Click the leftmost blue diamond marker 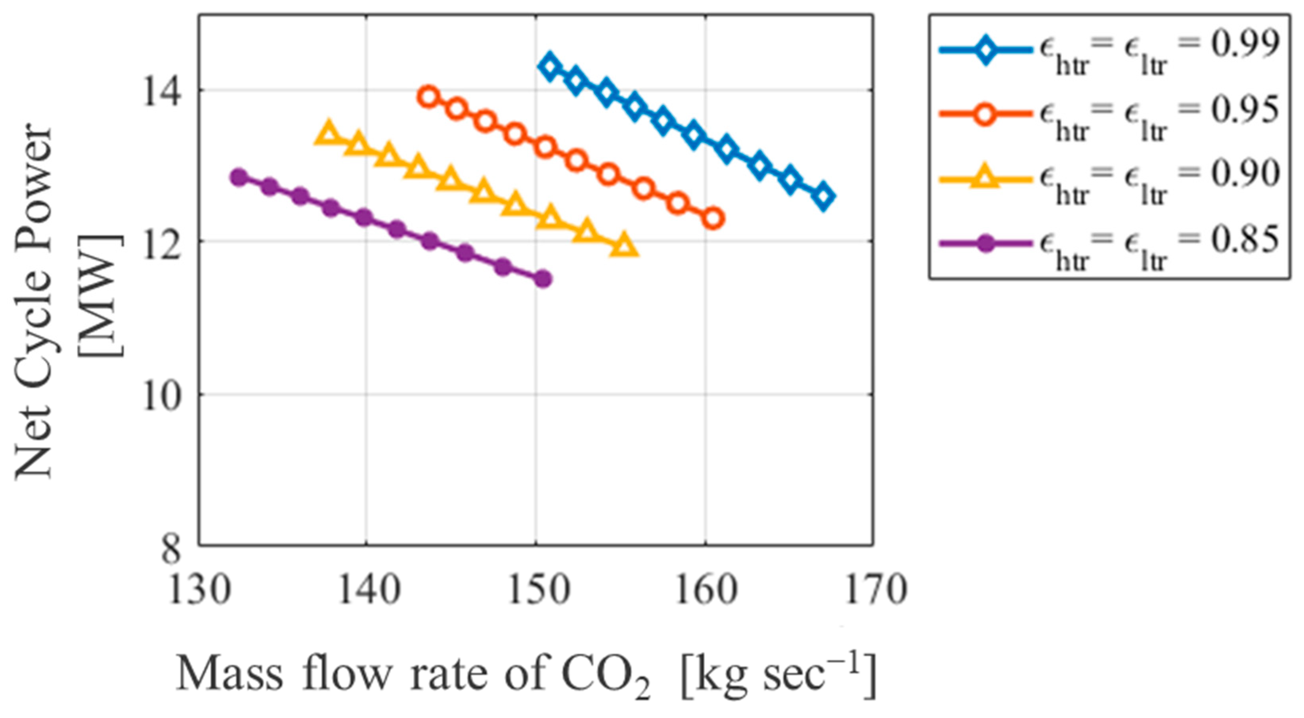[550, 66]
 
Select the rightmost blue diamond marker [823, 197]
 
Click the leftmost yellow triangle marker [329, 133]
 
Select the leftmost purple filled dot [239, 177]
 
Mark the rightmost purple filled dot [543, 278]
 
